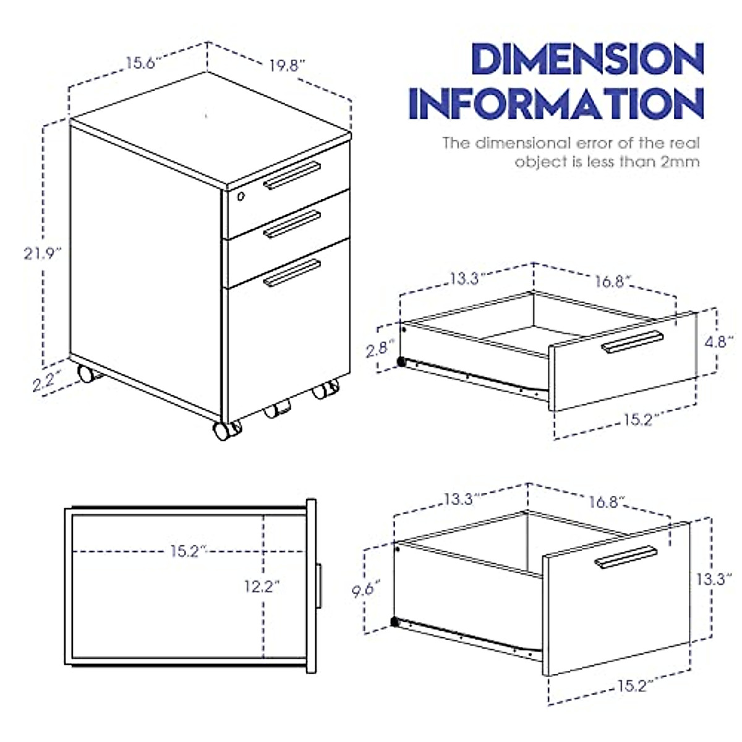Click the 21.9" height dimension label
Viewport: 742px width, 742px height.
click(43, 254)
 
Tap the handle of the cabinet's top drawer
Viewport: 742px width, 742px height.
click(292, 176)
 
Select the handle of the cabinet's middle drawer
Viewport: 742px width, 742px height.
click(292, 224)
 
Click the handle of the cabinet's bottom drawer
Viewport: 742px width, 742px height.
click(292, 273)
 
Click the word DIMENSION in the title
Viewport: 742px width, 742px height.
click(587, 60)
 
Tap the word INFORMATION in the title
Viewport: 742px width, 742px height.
click(556, 103)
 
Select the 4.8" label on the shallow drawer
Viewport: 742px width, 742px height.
click(719, 342)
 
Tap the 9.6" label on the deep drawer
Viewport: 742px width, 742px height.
click(366, 589)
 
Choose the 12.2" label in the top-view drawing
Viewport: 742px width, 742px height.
click(262, 586)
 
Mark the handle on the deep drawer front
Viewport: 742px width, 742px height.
click(626, 556)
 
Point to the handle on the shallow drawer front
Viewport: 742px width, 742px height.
click(632, 342)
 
